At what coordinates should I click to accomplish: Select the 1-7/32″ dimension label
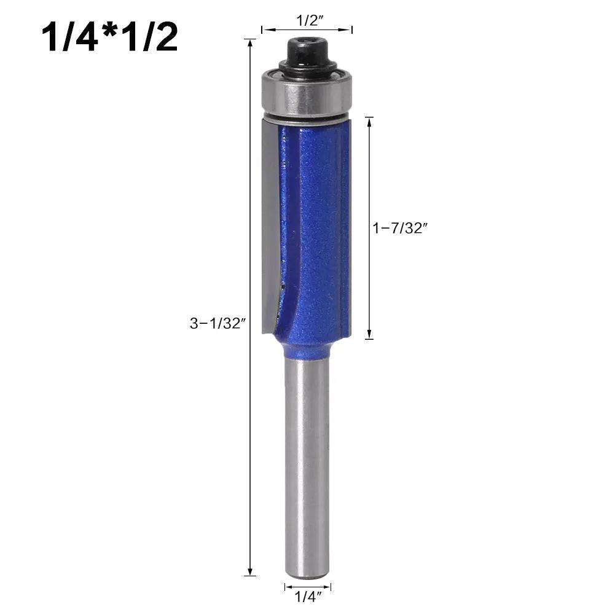coord(400,228)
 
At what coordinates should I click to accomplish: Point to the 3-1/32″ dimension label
coord(217,324)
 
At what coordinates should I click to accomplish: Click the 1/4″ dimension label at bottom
coord(308,597)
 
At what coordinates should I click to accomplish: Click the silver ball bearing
coord(307,94)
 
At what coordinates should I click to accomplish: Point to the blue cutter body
coord(314,227)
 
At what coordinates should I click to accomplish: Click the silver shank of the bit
coord(307,467)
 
